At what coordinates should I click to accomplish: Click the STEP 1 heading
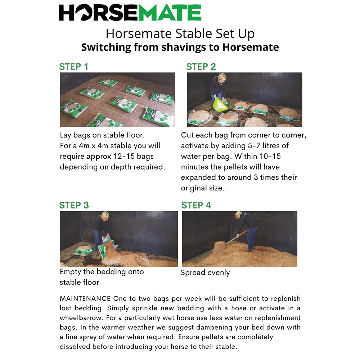pyautogui.click(x=73, y=67)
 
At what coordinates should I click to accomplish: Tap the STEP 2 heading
pyautogui.click(x=201, y=67)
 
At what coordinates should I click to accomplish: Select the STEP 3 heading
pyautogui.click(x=74, y=205)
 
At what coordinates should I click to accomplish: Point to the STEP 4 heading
pyautogui.click(x=196, y=205)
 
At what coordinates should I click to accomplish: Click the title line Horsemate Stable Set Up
pyautogui.click(x=180, y=33)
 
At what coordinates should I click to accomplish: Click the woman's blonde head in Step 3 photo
pyautogui.click(x=105, y=216)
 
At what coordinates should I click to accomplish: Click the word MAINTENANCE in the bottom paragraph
pyautogui.click(x=85, y=298)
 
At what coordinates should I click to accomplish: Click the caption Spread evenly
pyautogui.click(x=205, y=273)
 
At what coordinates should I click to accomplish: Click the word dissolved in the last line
pyautogui.click(x=76, y=347)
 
